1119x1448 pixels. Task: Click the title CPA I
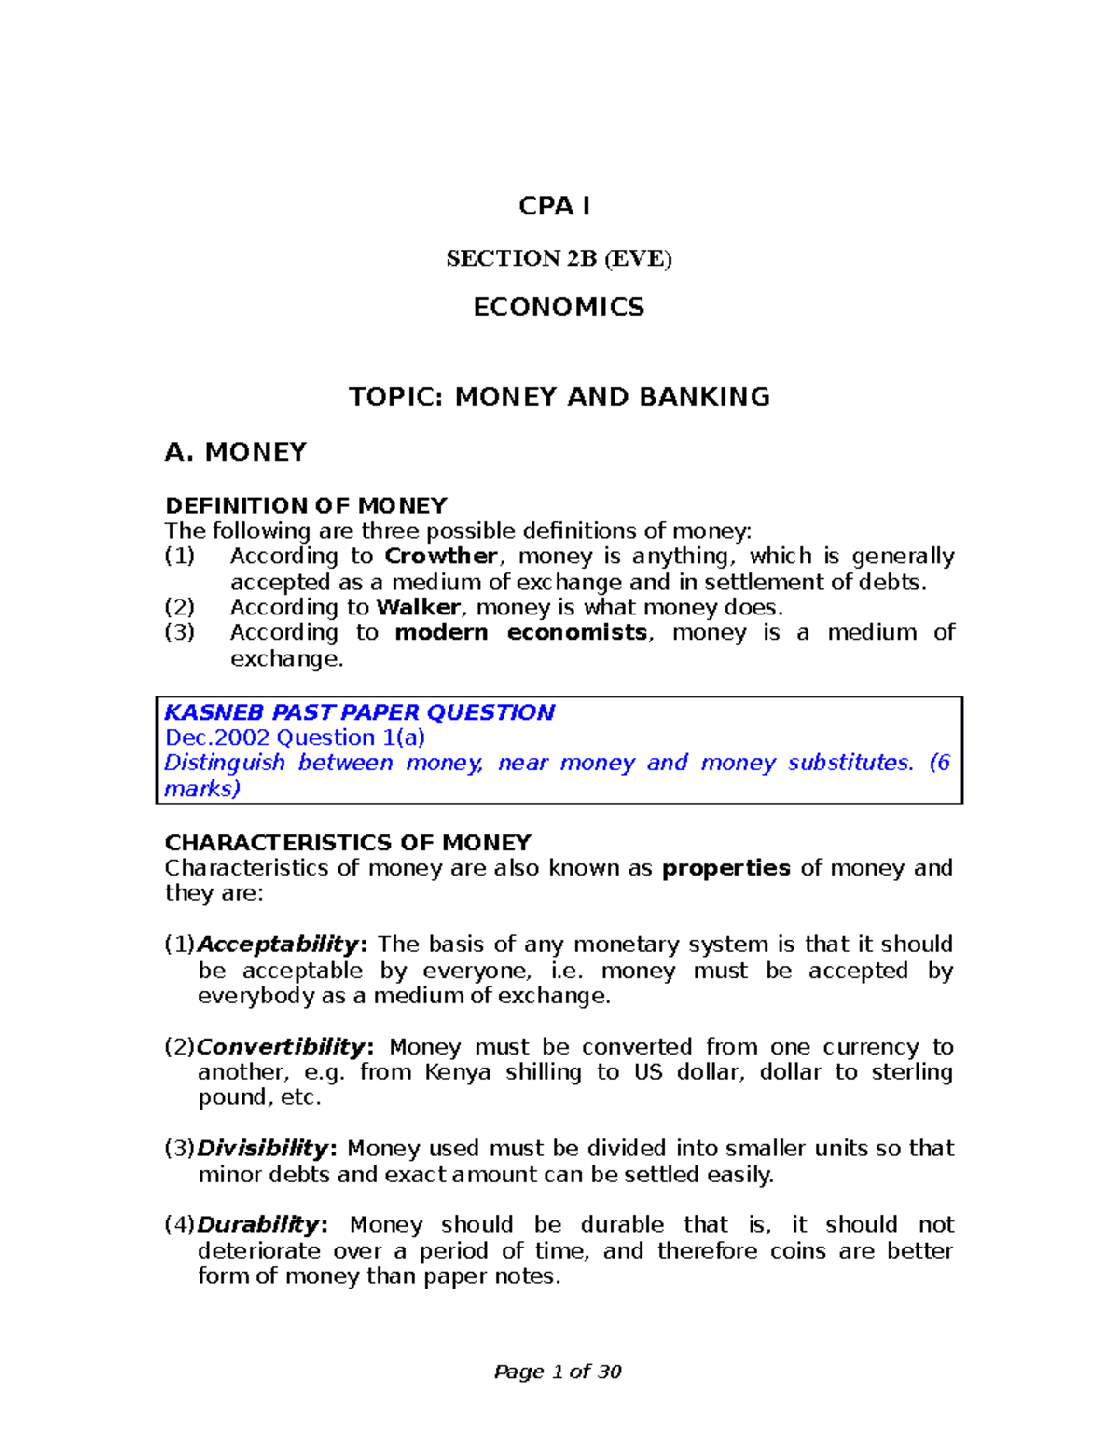point(554,206)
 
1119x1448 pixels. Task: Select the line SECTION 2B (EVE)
point(559,258)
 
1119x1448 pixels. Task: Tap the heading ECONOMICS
point(559,308)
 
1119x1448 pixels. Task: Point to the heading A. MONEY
point(235,452)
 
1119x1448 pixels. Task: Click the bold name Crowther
point(441,557)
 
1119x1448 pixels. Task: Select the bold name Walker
point(418,608)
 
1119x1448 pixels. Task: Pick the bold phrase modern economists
point(520,633)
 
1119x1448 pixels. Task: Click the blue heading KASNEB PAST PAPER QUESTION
point(359,712)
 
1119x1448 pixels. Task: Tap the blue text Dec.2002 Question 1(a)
point(295,738)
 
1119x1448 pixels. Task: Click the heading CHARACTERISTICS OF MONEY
point(348,843)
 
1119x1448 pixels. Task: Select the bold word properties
point(725,868)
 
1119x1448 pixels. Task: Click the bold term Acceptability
point(278,945)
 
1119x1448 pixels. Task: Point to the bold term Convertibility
point(281,1047)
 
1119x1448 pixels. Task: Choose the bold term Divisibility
point(263,1149)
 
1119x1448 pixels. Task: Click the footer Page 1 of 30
point(558,1372)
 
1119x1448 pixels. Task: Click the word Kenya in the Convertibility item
point(457,1072)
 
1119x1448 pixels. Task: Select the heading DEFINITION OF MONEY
point(306,506)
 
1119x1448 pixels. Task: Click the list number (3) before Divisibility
point(180,1149)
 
